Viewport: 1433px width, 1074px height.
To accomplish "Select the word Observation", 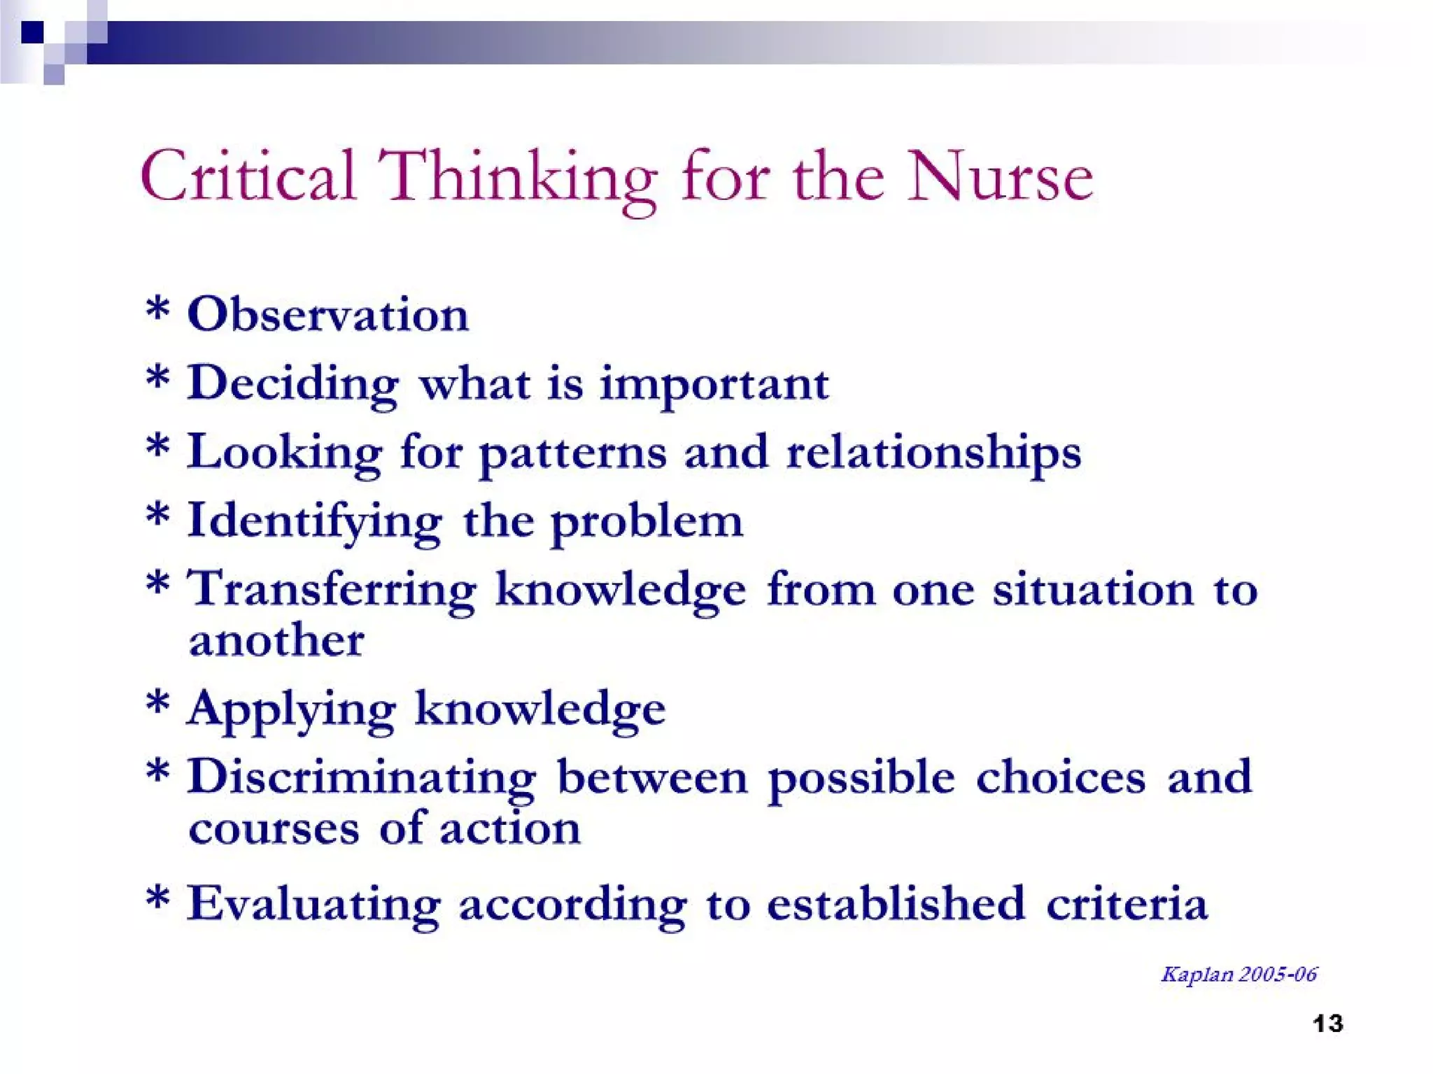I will coord(327,315).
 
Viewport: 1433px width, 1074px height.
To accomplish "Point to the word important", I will coord(714,385).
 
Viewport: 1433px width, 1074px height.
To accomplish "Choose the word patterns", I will coord(572,453).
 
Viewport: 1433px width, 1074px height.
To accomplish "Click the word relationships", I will coord(933,453).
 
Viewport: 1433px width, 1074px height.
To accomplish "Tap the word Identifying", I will coord(314,522).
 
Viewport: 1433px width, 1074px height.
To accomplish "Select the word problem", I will coord(647,522).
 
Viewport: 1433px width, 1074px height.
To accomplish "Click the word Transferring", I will coord(332,589).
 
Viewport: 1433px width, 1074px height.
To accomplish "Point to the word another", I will coord(276,640).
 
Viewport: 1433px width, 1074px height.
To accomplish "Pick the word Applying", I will coord(291,709).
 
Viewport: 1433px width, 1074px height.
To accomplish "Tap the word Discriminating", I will coord(361,777).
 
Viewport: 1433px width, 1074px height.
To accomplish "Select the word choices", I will coord(1060,777).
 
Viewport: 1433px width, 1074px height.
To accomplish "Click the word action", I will coord(510,828).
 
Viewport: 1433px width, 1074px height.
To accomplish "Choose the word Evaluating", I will coord(314,904).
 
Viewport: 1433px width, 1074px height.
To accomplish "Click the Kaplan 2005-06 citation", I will coord(1238,974).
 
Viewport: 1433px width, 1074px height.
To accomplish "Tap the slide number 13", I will coord(1327,1024).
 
